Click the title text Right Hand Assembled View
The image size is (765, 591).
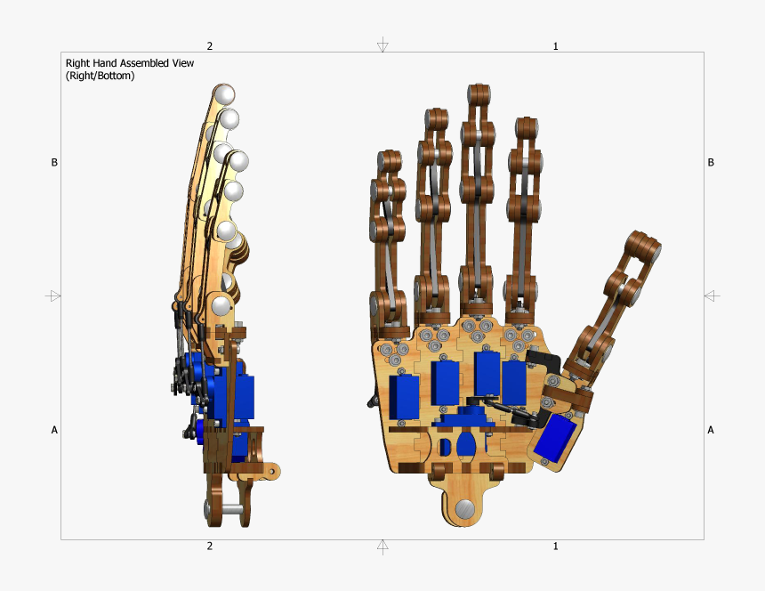click(x=129, y=63)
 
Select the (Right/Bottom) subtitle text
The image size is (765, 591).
click(x=100, y=76)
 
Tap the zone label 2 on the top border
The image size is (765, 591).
click(x=210, y=45)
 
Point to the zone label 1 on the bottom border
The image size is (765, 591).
click(x=556, y=546)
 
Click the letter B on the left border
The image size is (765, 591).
click(x=54, y=163)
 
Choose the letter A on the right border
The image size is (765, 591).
click(x=710, y=430)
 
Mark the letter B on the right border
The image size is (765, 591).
click(x=710, y=163)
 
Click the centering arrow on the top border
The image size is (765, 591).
click(x=382, y=45)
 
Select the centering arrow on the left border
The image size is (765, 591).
click(x=54, y=295)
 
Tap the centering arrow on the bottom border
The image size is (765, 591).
click(x=382, y=546)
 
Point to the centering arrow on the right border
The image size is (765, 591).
click(x=711, y=295)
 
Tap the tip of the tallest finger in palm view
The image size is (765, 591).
click(x=478, y=94)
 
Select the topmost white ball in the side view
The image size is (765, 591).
click(x=223, y=94)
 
